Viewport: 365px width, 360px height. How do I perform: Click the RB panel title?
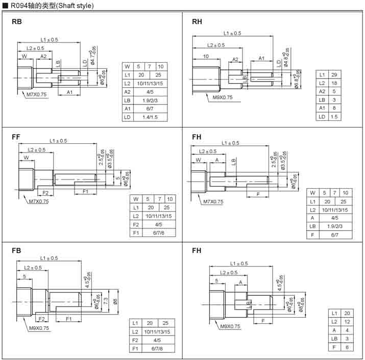coord(17,22)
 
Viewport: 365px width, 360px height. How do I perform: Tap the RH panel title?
coord(197,22)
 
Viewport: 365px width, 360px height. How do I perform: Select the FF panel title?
coord(16,137)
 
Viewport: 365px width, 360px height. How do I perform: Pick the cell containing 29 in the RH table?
coord(333,74)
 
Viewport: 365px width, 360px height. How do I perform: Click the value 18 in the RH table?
coord(333,83)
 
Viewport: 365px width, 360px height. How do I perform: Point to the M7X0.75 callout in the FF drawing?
coord(39,201)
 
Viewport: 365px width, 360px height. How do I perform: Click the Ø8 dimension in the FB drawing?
coord(116,301)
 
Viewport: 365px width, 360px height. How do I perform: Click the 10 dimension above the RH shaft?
coord(206,56)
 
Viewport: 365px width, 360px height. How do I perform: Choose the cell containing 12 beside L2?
coord(347,321)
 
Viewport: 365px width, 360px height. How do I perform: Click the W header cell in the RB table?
coord(128,66)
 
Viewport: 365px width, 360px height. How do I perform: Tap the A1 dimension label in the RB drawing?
coord(69,92)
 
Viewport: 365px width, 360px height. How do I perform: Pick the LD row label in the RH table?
coord(322,117)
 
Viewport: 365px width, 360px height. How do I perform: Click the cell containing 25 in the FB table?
coord(165,323)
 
